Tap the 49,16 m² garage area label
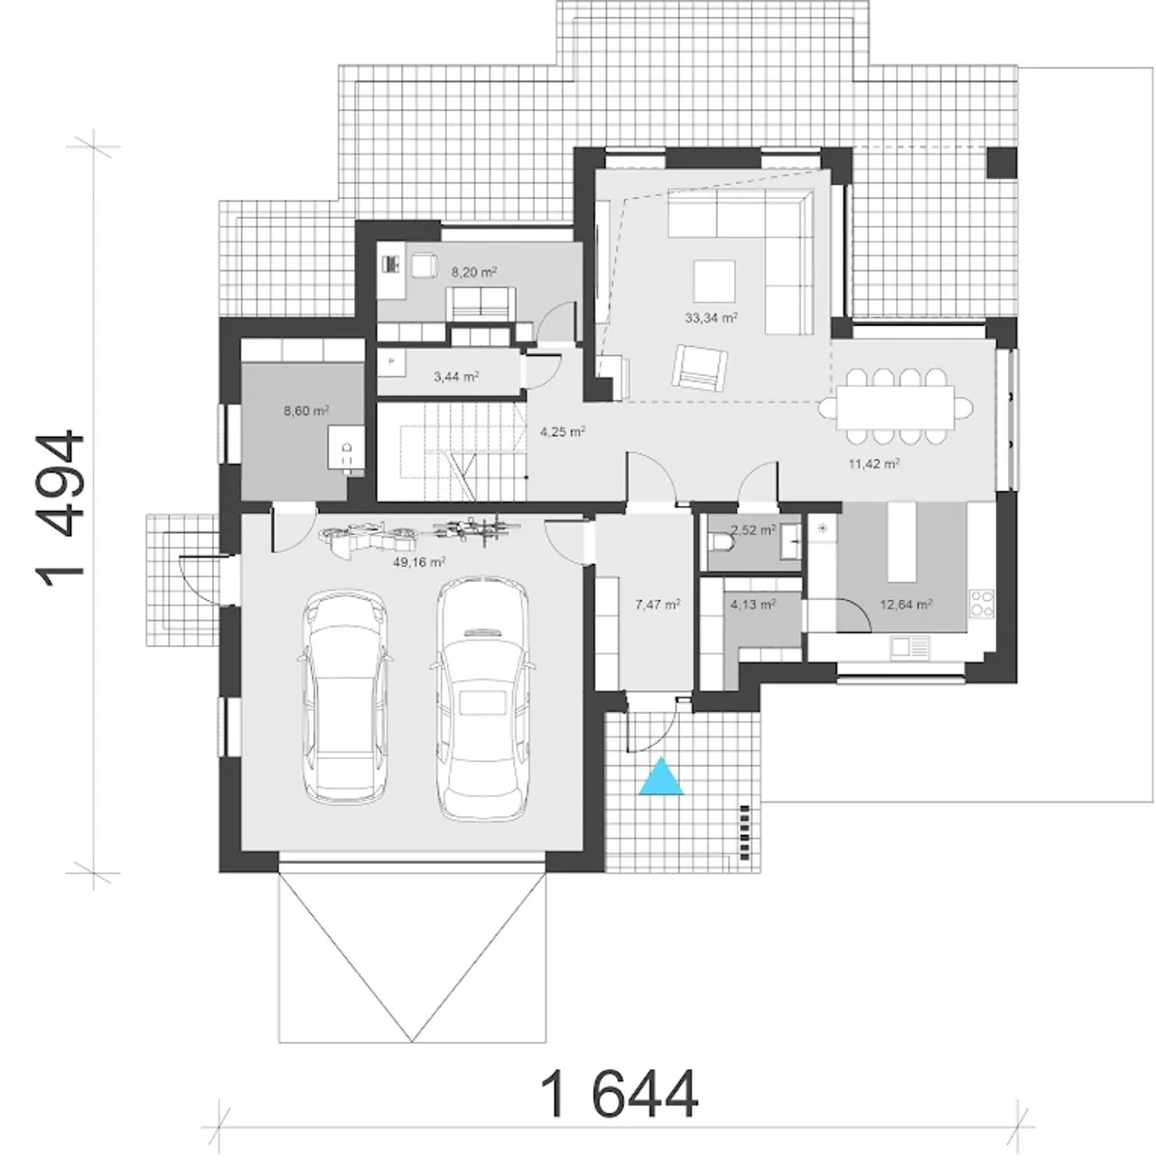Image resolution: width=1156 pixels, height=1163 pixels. pyautogui.click(x=419, y=562)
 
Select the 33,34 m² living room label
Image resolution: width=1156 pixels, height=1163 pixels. pyautogui.click(x=712, y=317)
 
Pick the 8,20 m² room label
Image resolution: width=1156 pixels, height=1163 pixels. pyautogui.click(x=474, y=272)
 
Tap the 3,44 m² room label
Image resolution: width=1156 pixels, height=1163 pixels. pyautogui.click(x=456, y=377)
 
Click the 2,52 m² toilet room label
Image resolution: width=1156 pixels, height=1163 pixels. pyautogui.click(x=753, y=530)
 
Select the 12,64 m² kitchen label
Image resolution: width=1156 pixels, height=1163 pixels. pyautogui.click(x=906, y=605)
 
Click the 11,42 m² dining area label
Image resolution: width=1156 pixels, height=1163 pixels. pyautogui.click(x=874, y=464)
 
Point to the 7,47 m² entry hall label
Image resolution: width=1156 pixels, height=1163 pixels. pyautogui.click(x=658, y=605)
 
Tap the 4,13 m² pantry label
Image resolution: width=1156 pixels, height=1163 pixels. pyautogui.click(x=753, y=605)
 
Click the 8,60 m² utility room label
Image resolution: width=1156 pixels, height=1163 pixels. pyautogui.click(x=306, y=411)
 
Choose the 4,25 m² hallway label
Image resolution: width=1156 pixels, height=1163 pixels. pyautogui.click(x=563, y=432)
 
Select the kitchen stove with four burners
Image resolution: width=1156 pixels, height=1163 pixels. pyautogui.click(x=981, y=604)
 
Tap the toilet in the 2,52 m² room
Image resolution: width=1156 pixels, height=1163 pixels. pyautogui.click(x=721, y=543)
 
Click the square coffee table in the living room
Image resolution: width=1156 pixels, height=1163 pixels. pyautogui.click(x=714, y=281)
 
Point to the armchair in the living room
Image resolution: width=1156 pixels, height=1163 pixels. pyautogui.click(x=700, y=366)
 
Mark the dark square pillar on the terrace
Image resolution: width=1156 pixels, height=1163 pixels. pyautogui.click(x=1002, y=163)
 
